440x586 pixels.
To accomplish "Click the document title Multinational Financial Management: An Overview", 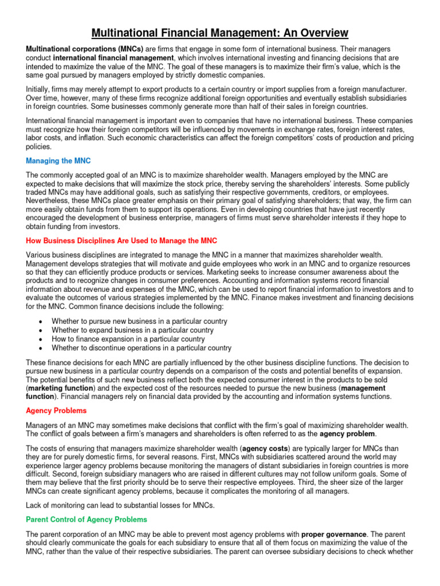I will pyautogui.click(x=220, y=33).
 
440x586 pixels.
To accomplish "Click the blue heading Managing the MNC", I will pyautogui.click(x=59, y=161).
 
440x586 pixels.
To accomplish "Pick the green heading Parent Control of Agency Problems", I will pyautogui.click(x=87, y=519).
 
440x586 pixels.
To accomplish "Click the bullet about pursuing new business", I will pyautogui.click(x=139, y=322).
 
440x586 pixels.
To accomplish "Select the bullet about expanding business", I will pyautogui.click(x=132, y=330).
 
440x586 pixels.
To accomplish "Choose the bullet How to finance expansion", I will pyautogui.click(x=128, y=339).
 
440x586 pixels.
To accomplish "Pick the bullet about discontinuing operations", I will pyautogui.click(x=142, y=347).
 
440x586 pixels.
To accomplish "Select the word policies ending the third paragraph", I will pyautogui.click(x=40, y=146).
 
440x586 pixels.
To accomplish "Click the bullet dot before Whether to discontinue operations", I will pyautogui.click(x=40, y=348).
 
